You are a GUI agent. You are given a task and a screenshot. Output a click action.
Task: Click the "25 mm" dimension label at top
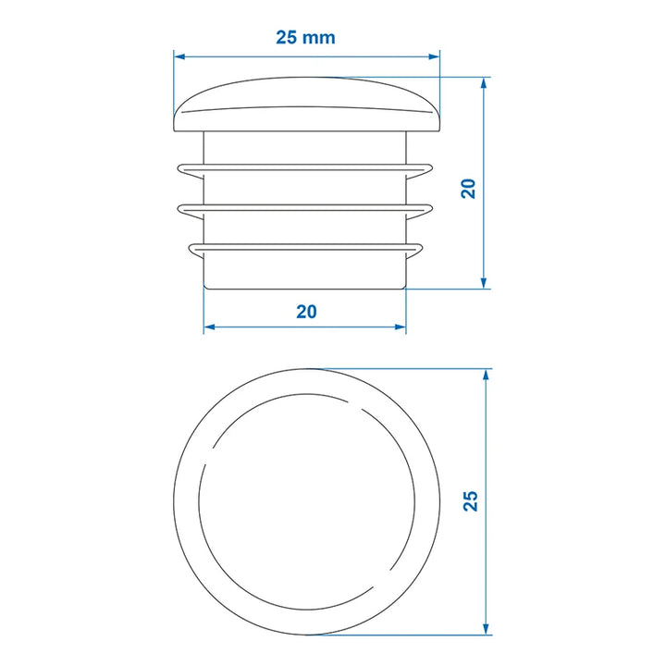click(x=305, y=37)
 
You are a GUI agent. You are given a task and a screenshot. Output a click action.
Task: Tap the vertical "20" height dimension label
click(x=468, y=189)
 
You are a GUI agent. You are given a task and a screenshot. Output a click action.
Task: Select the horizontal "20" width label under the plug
click(x=306, y=312)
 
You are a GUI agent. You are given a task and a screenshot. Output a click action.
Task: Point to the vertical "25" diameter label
click(x=471, y=500)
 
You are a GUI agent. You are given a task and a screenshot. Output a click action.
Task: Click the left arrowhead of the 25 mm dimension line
click(x=179, y=56)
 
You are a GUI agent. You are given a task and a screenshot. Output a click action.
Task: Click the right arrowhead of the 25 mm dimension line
click(x=434, y=56)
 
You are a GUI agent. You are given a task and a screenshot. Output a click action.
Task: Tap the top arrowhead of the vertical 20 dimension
click(x=484, y=83)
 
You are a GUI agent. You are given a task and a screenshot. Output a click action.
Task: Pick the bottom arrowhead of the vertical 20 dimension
click(x=484, y=283)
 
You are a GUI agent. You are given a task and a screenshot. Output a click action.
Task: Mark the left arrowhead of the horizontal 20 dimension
click(x=209, y=327)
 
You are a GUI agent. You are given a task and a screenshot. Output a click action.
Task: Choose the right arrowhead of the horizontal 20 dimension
click(x=401, y=327)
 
